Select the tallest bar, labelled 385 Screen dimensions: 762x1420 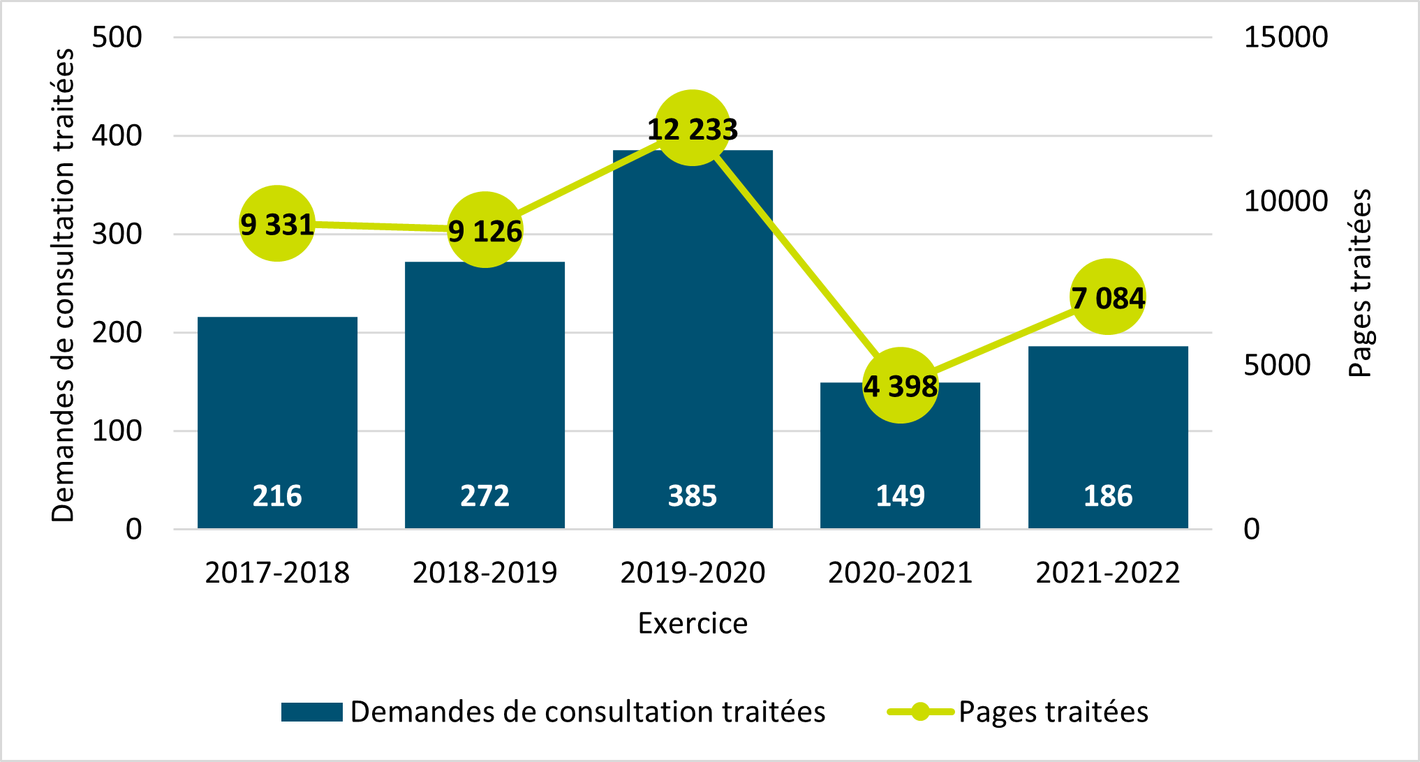[x=693, y=335]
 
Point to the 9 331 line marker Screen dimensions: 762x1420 [x=277, y=223]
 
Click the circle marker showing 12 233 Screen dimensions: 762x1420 [x=693, y=128]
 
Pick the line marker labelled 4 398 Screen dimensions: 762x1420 [x=901, y=385]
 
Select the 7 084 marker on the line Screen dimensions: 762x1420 [x=1108, y=297]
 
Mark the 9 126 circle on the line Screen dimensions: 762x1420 [x=485, y=230]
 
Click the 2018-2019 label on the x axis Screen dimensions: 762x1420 [x=485, y=573]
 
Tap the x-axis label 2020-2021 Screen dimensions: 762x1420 [x=901, y=573]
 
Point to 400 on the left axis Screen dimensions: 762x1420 [x=117, y=135]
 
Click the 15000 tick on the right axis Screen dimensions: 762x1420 [x=1285, y=37]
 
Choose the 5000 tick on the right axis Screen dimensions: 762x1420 [x=1277, y=365]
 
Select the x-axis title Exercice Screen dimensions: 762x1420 [x=693, y=623]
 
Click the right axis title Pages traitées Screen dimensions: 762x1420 [x=1360, y=283]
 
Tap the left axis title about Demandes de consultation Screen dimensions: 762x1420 [x=63, y=285]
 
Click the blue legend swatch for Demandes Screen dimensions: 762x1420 [x=311, y=712]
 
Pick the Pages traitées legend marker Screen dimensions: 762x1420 [x=920, y=712]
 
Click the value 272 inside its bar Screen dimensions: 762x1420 [x=485, y=495]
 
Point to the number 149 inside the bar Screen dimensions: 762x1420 [x=901, y=495]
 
